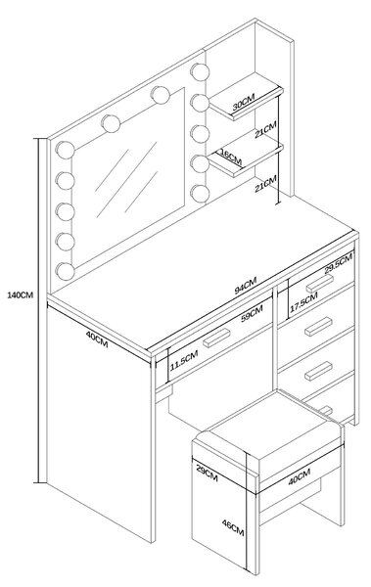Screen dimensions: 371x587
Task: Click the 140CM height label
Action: coord(20,295)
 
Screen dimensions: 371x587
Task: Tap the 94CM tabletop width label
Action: coord(246,286)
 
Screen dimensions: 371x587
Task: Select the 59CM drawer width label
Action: coord(252,313)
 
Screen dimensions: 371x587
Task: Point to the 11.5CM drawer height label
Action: coord(184,360)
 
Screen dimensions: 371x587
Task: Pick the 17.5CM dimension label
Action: coord(303,302)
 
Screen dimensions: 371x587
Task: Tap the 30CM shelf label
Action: coord(243,102)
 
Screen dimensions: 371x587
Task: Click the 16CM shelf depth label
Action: coord(231,158)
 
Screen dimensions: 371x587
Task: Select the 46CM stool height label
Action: coord(233,528)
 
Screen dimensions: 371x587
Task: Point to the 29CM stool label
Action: coord(207,473)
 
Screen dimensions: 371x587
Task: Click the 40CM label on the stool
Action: coord(299,476)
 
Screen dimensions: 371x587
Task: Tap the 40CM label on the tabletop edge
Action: coord(97,339)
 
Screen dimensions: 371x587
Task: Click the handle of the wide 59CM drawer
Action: coord(216,339)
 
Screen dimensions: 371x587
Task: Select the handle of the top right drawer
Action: coord(319,284)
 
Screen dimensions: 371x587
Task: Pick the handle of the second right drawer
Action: coord(318,327)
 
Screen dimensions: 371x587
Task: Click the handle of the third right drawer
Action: coord(318,371)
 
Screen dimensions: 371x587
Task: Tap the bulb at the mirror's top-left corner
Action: coord(65,150)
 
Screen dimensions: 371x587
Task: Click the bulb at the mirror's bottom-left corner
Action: coord(65,271)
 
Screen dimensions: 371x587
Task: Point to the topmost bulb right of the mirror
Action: coord(200,71)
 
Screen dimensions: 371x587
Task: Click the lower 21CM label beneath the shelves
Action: coord(265,184)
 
